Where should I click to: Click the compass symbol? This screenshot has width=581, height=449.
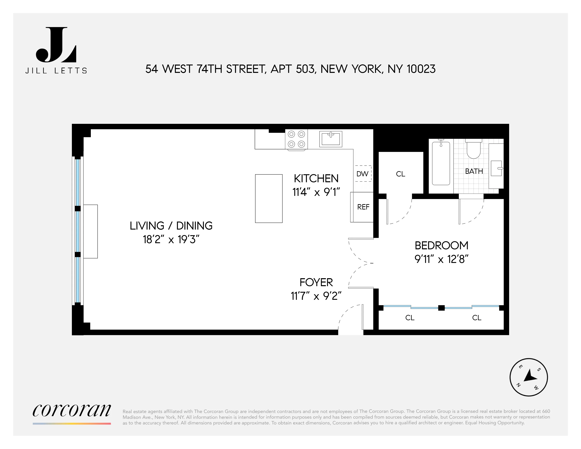click(x=528, y=377)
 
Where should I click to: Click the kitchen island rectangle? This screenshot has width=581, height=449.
click(x=269, y=198)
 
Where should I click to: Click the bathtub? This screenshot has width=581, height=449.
click(x=441, y=163)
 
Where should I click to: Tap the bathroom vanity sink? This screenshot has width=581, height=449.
click(x=496, y=168)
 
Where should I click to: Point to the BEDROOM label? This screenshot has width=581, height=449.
click(x=441, y=245)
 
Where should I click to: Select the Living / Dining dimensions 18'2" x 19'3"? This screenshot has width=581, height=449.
click(x=171, y=239)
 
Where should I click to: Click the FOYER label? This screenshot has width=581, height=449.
click(x=316, y=282)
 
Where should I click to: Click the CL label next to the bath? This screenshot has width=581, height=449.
click(x=400, y=174)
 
